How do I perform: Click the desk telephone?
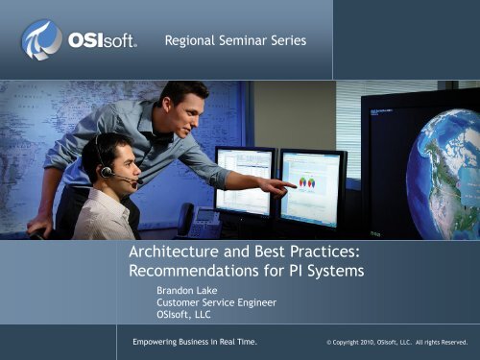pyautogui.click(x=203, y=223)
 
